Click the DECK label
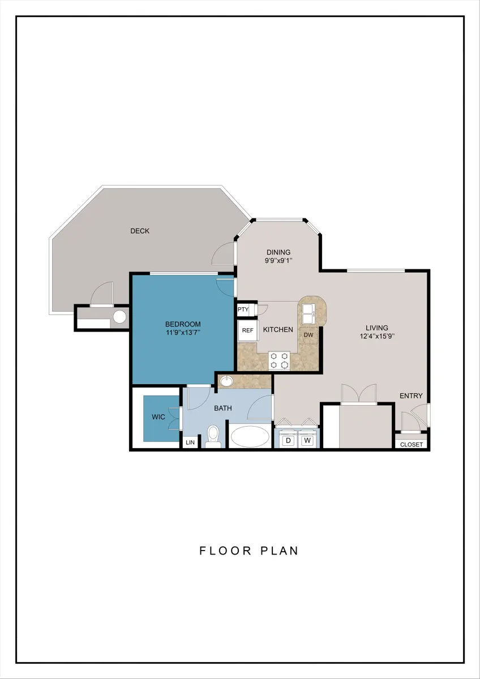(x=140, y=231)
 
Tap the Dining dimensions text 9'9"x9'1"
(x=278, y=260)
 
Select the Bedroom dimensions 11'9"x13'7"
(x=183, y=332)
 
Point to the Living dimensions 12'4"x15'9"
(x=377, y=336)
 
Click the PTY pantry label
(x=243, y=310)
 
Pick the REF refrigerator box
(x=248, y=330)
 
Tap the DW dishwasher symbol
(x=308, y=335)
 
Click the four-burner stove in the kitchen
(x=279, y=361)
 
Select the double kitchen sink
(x=308, y=313)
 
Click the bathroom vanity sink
(x=226, y=381)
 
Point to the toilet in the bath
(x=213, y=436)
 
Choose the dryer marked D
(x=288, y=440)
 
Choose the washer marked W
(x=307, y=440)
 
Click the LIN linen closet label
(x=190, y=442)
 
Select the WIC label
(x=158, y=417)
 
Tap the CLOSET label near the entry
(x=412, y=444)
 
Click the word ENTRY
(x=411, y=396)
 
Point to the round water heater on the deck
(x=120, y=317)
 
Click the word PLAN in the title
(x=280, y=551)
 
